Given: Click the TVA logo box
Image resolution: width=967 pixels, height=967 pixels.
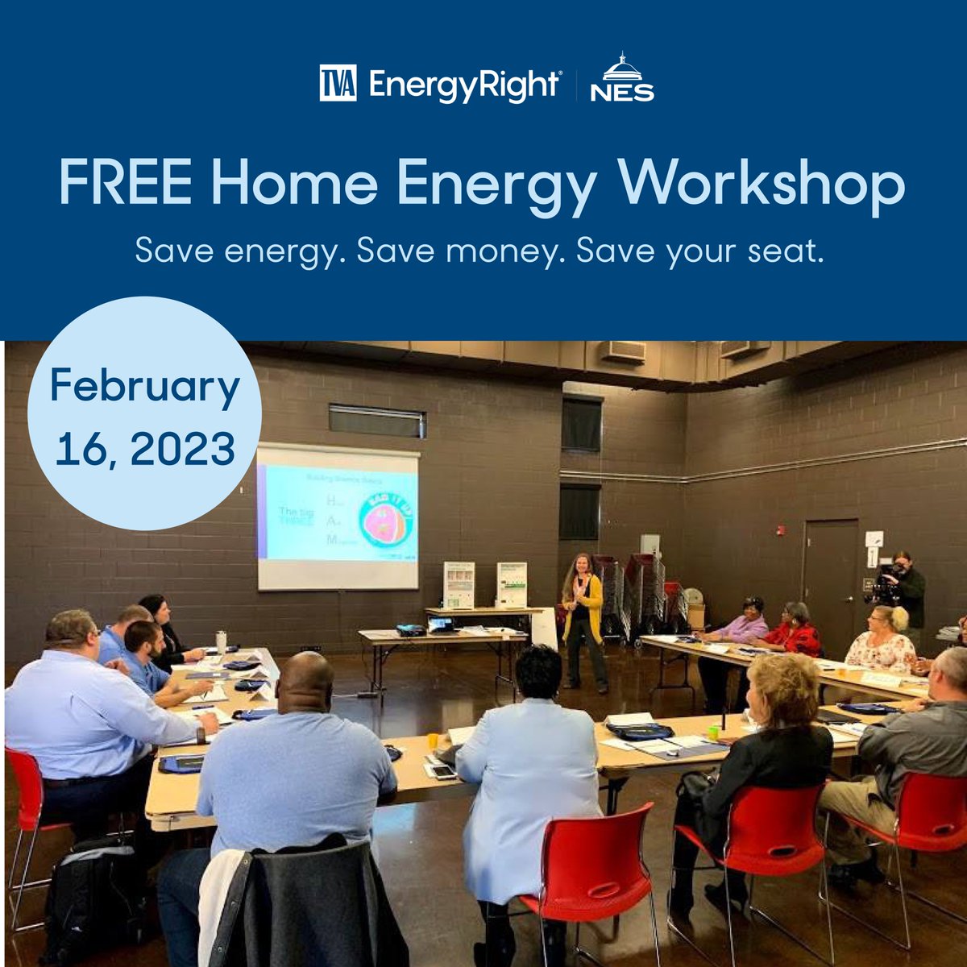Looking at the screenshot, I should click(x=338, y=85).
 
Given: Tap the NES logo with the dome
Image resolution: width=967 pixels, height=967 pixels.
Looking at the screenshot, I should click(x=621, y=80).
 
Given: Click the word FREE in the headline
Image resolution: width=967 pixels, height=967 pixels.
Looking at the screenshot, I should click(x=125, y=183).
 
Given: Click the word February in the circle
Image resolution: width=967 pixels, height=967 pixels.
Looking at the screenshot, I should click(x=145, y=387).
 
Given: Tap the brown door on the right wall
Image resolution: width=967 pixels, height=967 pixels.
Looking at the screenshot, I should click(x=830, y=576).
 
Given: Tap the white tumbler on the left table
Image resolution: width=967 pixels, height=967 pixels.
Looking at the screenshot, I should click(x=221, y=641).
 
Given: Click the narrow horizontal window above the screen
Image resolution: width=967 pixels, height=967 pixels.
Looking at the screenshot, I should click(x=376, y=421).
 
